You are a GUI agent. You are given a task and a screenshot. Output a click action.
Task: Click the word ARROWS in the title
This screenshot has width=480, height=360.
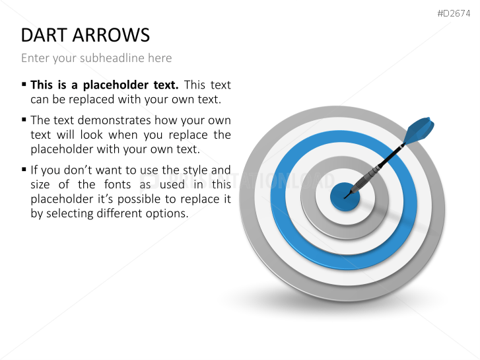point(111,35)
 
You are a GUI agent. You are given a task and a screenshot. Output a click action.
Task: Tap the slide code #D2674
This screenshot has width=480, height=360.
point(454,13)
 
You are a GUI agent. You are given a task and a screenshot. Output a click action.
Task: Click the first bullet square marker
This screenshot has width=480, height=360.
point(24,84)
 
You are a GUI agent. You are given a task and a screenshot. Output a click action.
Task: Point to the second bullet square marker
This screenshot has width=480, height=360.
point(24,120)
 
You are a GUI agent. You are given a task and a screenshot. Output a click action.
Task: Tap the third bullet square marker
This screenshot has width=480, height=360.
point(24,169)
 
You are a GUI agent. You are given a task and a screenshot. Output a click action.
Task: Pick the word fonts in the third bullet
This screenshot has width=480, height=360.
point(118,184)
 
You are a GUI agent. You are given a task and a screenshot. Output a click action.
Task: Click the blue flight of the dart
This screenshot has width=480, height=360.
point(419,130)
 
